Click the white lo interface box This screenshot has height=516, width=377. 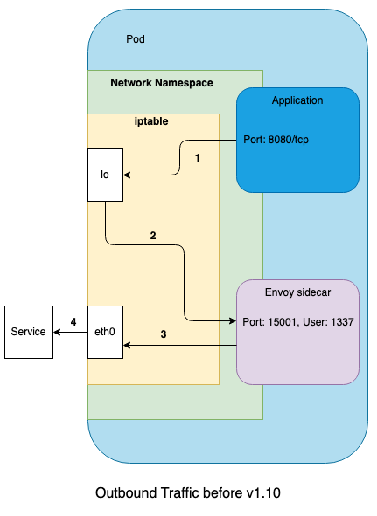pyautogui.click(x=105, y=175)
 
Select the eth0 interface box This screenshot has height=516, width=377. pyautogui.click(x=105, y=332)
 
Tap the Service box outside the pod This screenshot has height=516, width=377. pyautogui.click(x=29, y=332)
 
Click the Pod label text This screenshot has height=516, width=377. pyautogui.click(x=136, y=39)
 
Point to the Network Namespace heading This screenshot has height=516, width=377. pyautogui.click(x=162, y=83)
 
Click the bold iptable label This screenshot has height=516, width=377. pyautogui.click(x=151, y=121)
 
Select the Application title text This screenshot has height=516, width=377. pyautogui.click(x=297, y=100)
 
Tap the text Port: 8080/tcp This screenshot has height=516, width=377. pyautogui.click(x=276, y=140)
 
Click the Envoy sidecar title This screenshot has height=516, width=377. pyautogui.click(x=298, y=292)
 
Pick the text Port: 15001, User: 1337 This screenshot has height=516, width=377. pyautogui.click(x=298, y=322)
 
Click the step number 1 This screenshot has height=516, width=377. pyautogui.click(x=198, y=158)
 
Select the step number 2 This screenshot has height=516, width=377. pyautogui.click(x=153, y=236)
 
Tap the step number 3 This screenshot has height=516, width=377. pyautogui.click(x=164, y=334)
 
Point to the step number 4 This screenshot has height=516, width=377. pyautogui.click(x=73, y=322)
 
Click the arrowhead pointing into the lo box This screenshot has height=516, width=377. pyautogui.click(x=126, y=175)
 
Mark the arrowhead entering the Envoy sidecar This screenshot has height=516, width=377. pyautogui.click(x=233, y=320)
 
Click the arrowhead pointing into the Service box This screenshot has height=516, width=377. pyautogui.click(x=56, y=333)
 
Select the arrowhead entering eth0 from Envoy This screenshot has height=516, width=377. pyautogui.click(x=126, y=345)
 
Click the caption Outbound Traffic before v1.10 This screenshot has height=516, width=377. pyautogui.click(x=188, y=493)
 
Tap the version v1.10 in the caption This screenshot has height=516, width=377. pyautogui.click(x=263, y=493)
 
